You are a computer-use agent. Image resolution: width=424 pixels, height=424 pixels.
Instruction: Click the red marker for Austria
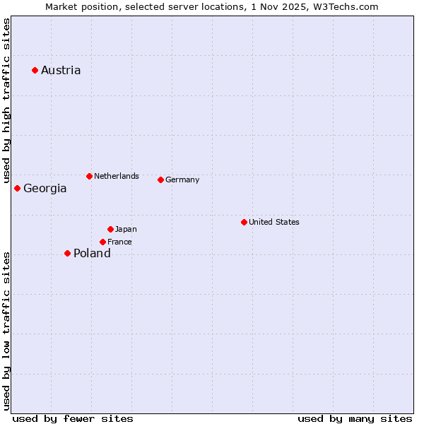[x=35, y=70]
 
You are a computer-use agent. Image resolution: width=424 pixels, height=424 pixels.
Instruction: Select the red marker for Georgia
[x=17, y=188]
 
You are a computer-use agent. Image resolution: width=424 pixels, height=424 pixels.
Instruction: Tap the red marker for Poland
[x=67, y=253]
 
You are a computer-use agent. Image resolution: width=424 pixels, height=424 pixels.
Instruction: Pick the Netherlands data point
[x=89, y=176]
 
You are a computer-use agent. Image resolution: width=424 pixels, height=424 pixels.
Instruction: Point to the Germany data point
[x=160, y=179]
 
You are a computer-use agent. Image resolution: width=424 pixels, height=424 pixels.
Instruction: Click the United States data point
[x=244, y=222]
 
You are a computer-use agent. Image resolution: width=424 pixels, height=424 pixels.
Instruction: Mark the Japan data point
[x=110, y=229]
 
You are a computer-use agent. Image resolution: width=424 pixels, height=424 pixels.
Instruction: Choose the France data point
[x=102, y=242]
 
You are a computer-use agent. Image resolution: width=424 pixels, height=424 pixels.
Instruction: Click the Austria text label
[x=61, y=70]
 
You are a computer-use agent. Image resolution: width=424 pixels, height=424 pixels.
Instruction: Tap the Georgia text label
[x=45, y=189]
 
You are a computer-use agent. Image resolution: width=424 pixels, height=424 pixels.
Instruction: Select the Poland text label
[x=92, y=254]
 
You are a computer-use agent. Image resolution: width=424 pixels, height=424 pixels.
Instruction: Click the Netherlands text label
[x=117, y=176]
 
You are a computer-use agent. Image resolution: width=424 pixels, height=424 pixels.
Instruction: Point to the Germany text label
[x=182, y=179]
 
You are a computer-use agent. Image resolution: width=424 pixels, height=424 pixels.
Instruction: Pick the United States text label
[x=274, y=222]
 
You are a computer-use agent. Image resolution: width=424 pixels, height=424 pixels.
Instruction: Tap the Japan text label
[x=126, y=229]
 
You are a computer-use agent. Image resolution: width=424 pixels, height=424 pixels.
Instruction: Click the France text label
[x=119, y=242]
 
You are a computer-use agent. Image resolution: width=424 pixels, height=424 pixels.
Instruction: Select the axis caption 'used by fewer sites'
[x=73, y=418]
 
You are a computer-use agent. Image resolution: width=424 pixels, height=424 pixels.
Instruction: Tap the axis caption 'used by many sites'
[x=355, y=418]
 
